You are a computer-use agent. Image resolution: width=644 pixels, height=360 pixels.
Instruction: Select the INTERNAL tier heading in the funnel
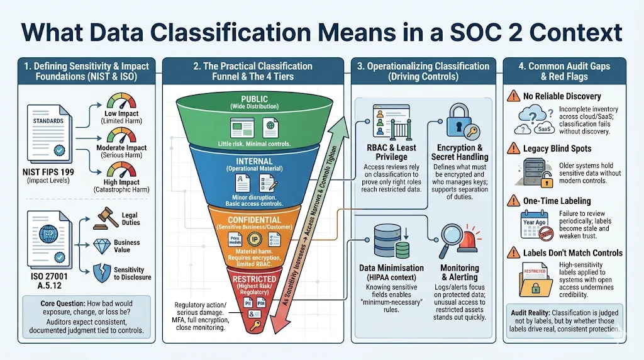pyautogui.click(x=254, y=161)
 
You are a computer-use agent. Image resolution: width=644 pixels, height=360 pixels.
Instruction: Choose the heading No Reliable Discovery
pyautogui.click(x=562, y=96)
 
